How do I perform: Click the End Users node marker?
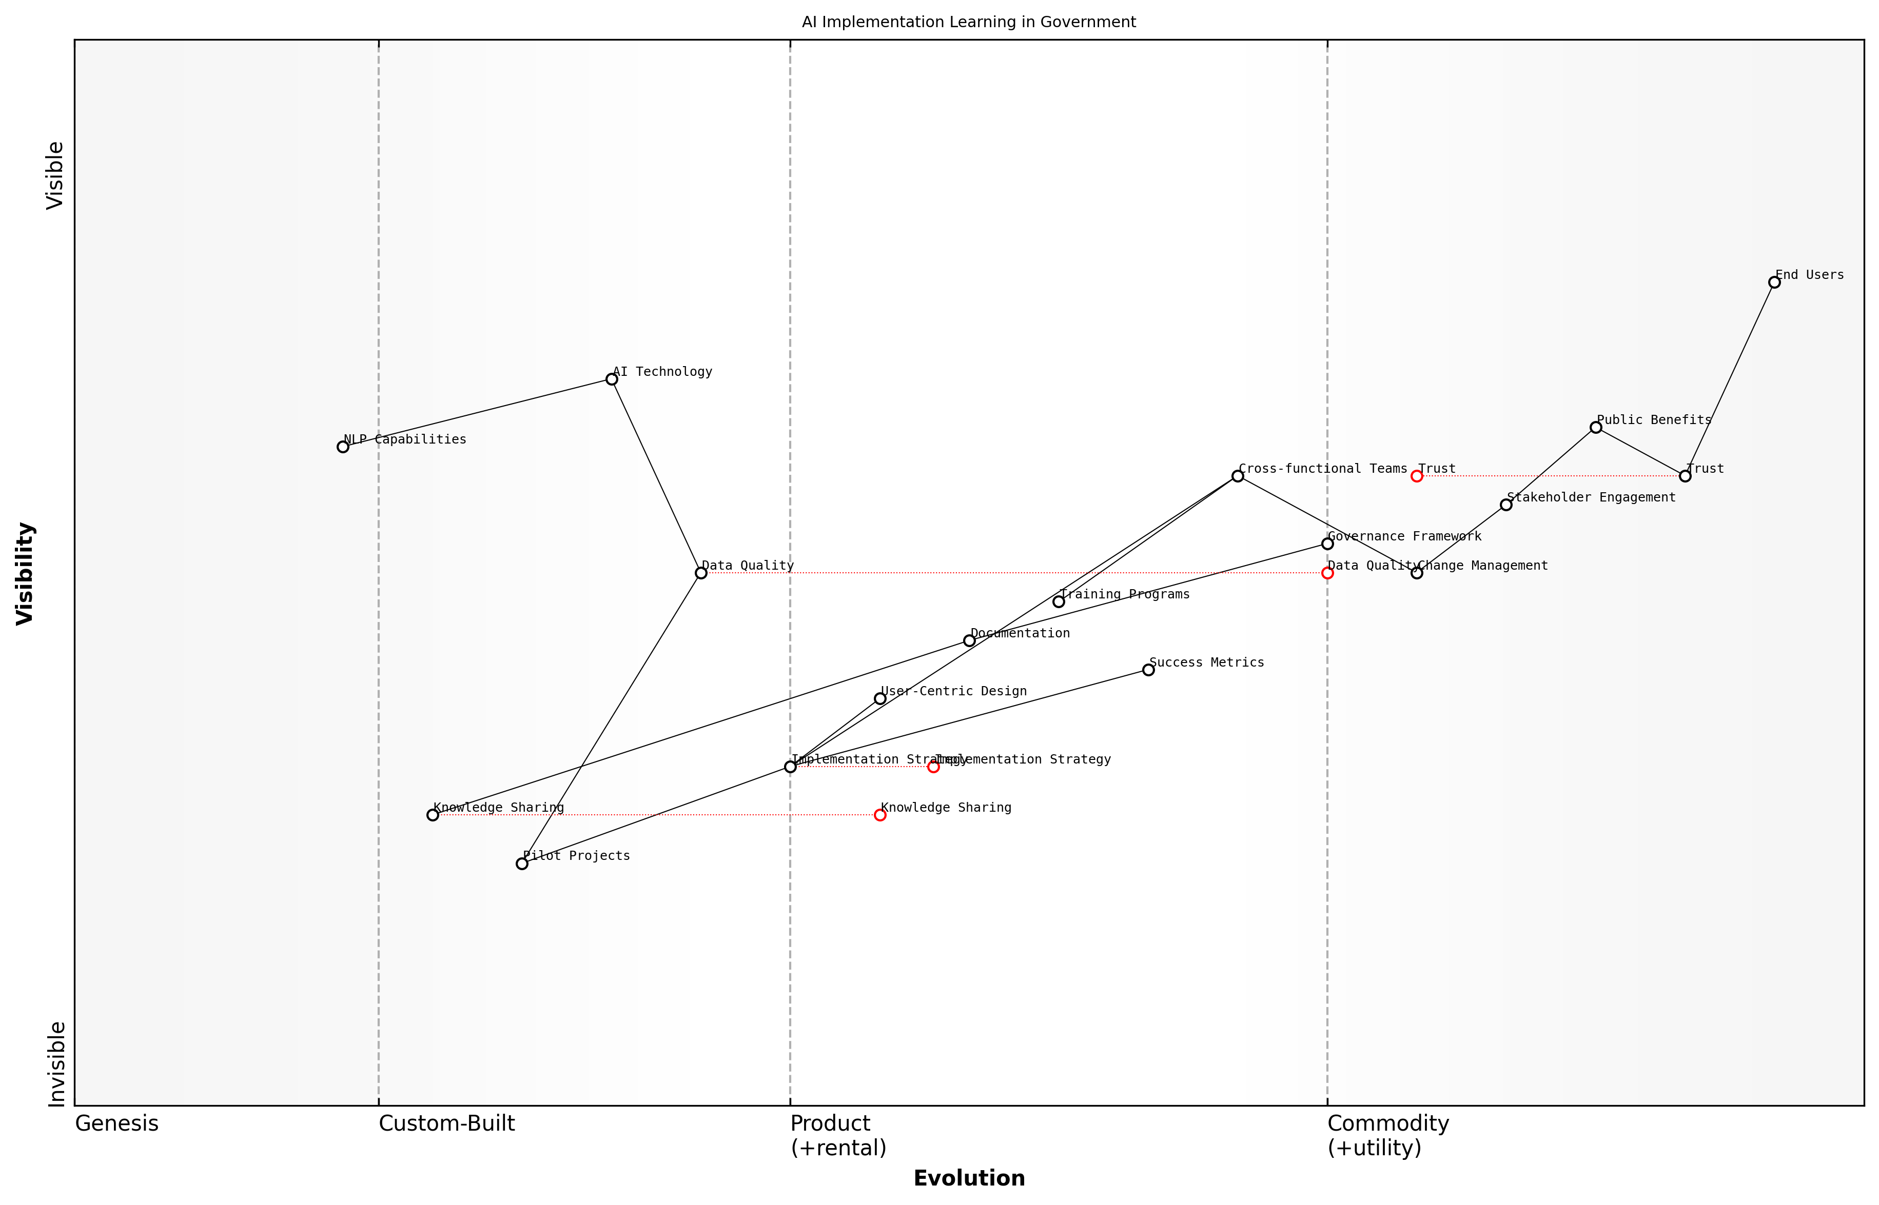click(x=1774, y=283)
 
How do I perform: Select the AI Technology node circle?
click(x=612, y=379)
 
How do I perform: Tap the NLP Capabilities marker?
click(x=343, y=447)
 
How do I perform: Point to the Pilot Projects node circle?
click(x=522, y=864)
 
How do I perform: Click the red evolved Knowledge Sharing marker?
click(x=880, y=815)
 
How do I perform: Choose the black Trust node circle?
click(x=1685, y=476)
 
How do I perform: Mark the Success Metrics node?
click(x=1148, y=670)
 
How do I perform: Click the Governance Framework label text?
click(x=1404, y=537)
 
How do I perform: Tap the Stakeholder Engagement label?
click(x=1591, y=498)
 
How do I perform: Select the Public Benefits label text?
click(x=1654, y=420)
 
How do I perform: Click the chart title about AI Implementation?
click(x=968, y=22)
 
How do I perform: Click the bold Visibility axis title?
click(x=25, y=574)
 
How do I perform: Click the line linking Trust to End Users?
click(x=1730, y=379)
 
